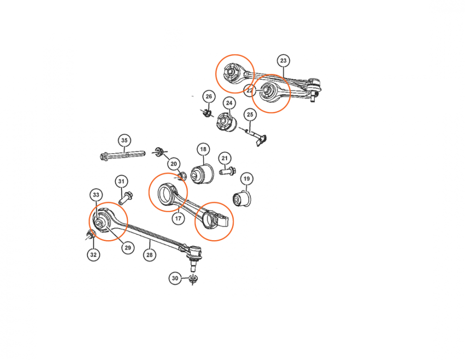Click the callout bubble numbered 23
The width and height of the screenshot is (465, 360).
click(283, 61)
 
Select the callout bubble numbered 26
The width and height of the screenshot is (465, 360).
click(209, 97)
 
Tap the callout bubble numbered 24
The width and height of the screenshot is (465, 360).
click(229, 103)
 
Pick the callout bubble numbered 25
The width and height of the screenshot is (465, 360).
click(250, 115)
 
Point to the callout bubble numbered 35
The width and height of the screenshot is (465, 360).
click(124, 140)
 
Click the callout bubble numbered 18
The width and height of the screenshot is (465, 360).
click(203, 149)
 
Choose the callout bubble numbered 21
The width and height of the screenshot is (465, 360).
click(225, 158)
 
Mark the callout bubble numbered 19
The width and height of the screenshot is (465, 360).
click(246, 179)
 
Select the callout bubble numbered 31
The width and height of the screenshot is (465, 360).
click(121, 181)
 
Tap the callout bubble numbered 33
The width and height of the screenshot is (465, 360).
click(96, 195)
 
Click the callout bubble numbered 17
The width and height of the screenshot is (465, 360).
click(178, 219)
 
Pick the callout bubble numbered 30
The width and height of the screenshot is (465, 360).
click(175, 278)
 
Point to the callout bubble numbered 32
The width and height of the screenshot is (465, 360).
click(93, 255)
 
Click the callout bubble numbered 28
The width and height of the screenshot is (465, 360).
click(149, 255)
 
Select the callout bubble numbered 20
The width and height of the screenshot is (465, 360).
click(173, 164)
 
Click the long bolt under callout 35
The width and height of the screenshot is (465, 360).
click(122, 155)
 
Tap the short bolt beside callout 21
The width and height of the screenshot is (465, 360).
click(228, 171)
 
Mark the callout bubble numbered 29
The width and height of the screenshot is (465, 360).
click(128, 248)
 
